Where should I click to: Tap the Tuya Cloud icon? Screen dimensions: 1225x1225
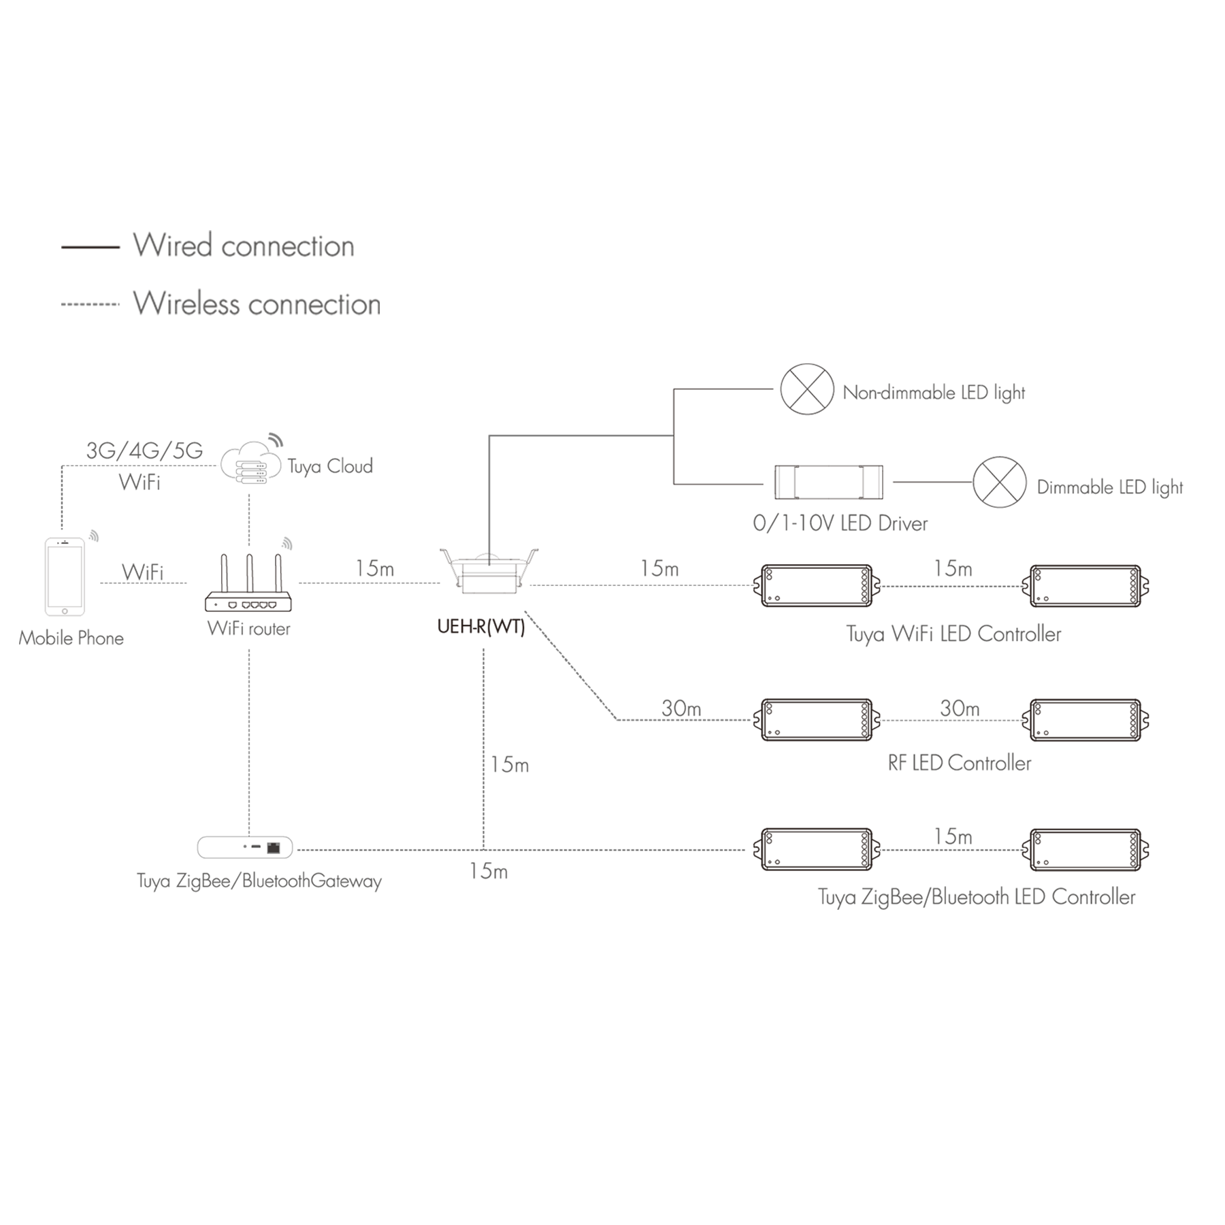(250, 462)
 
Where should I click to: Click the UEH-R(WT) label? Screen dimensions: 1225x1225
(481, 626)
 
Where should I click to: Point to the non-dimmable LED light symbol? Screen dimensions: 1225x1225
(807, 389)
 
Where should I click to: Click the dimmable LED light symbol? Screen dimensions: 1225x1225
(1000, 482)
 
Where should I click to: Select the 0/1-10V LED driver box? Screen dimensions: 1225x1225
(829, 482)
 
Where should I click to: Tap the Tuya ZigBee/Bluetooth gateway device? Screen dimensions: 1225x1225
(245, 847)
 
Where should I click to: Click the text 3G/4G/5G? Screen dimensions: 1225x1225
(144, 451)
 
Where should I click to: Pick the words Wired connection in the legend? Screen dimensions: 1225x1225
(244, 246)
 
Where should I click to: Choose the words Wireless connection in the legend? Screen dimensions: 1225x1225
(257, 304)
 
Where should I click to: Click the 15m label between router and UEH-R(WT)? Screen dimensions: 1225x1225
(375, 568)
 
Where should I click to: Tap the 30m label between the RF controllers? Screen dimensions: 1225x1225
(960, 708)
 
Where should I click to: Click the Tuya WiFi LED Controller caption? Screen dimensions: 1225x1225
(953, 634)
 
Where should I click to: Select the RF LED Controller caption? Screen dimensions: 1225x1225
(960, 763)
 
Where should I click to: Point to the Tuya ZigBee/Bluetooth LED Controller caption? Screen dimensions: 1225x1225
(977, 897)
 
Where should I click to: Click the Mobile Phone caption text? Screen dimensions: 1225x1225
(71, 638)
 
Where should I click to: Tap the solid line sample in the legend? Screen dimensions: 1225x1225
(91, 247)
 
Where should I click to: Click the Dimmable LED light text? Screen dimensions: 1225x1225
(1110, 487)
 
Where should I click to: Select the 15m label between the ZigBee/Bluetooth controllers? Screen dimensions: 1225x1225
(953, 836)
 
